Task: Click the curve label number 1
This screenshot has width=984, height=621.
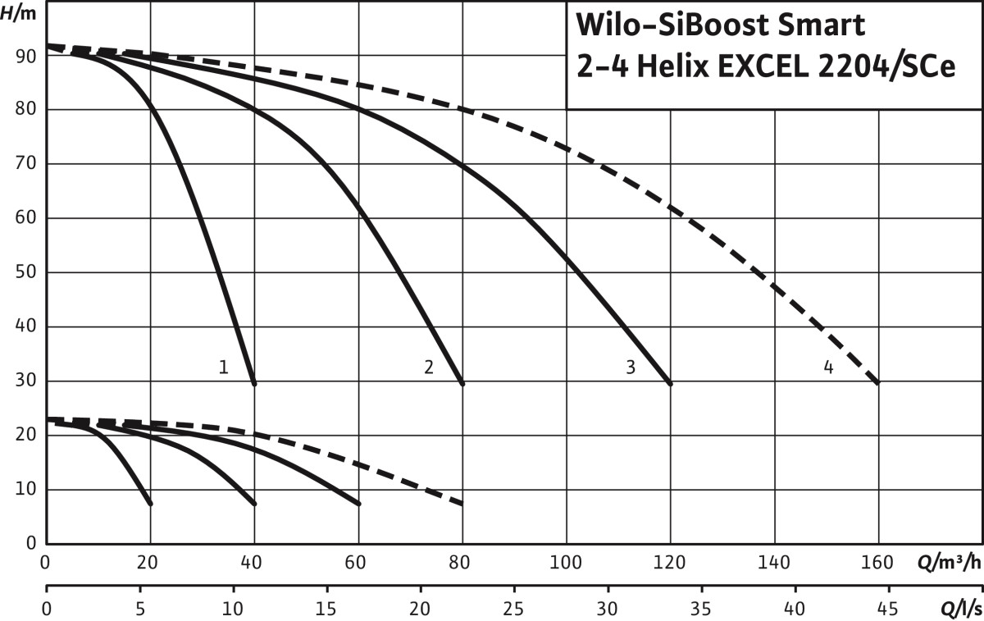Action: (223, 367)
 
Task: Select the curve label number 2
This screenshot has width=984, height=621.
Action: (428, 367)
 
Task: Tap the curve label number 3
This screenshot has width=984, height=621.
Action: (630, 367)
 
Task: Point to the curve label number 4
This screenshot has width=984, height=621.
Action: (828, 367)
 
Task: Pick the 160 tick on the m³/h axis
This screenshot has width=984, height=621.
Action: (877, 564)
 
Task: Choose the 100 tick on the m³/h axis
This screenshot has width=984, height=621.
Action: (566, 564)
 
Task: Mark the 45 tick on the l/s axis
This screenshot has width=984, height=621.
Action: (887, 609)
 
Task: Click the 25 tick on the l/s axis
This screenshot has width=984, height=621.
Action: (513, 609)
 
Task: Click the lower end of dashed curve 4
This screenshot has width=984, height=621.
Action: (878, 383)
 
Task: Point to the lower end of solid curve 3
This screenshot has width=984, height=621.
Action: (670, 383)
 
